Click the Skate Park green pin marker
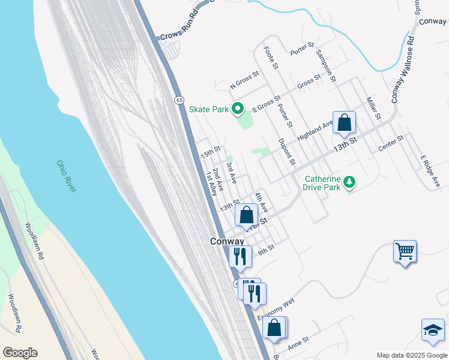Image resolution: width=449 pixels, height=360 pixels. coord(238,109)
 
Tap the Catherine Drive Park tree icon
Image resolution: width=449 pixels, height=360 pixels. coord(349,181)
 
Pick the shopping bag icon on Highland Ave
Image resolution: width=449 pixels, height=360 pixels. coord(344,123)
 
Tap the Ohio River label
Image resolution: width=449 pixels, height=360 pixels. coord(67,176)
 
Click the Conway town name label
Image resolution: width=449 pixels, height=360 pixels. coord(226,241)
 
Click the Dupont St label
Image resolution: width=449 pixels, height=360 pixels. coord(287,152)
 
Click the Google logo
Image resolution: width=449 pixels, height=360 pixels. coord(20,353)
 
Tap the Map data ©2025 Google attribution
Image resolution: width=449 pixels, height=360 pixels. coord(412,355)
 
